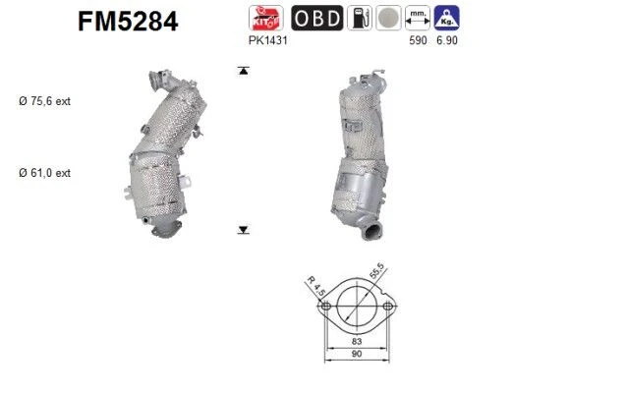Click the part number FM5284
click(128, 22)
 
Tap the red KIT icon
click(266, 18)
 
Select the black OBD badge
click(317, 18)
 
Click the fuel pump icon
click(360, 18)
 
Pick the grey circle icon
click(388, 18)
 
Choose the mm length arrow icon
click(418, 18)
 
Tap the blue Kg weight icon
click(446, 18)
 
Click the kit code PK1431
click(268, 40)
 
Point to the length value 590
click(418, 40)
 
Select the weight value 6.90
click(446, 40)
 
